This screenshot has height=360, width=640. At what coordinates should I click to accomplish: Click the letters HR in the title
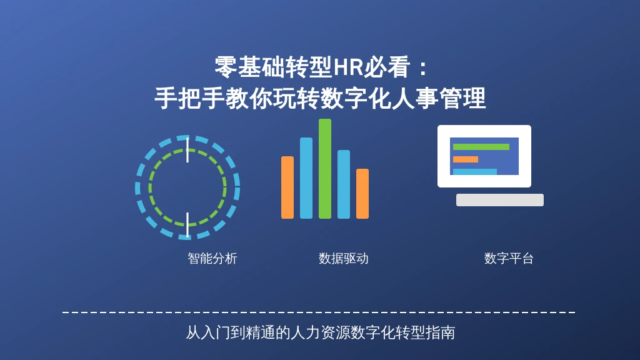point(348,67)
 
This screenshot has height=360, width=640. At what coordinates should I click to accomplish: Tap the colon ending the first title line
point(423,68)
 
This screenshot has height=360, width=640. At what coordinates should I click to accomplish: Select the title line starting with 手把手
point(320,98)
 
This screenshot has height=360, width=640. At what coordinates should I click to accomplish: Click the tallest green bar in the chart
point(325,169)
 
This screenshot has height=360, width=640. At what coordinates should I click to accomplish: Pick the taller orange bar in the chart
point(287,187)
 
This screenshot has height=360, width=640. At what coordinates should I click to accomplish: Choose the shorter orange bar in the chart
point(362,194)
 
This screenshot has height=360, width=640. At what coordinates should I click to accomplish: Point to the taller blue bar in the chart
point(306,178)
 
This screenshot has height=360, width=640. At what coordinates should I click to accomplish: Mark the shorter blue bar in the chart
point(344,184)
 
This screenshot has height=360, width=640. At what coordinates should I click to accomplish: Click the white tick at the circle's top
point(187,150)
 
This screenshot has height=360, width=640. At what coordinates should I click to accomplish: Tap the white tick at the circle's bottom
point(187,224)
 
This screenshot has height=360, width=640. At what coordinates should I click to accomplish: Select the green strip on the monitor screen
point(481,147)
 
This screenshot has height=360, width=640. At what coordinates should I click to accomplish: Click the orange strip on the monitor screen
point(465,159)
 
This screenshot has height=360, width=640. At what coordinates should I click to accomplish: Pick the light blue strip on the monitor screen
point(475,172)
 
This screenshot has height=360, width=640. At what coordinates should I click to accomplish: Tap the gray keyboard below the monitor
point(499,200)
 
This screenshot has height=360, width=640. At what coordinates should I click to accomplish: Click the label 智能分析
point(212,258)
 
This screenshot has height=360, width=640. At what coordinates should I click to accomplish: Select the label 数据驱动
point(343,258)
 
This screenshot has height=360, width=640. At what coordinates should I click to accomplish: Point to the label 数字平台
point(509,258)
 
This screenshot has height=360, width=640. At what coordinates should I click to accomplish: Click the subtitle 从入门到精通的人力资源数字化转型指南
point(321,332)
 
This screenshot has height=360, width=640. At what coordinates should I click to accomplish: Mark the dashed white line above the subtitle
point(319,312)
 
